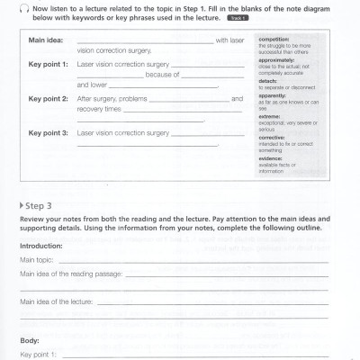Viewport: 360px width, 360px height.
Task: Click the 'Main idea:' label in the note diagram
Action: point(47,40)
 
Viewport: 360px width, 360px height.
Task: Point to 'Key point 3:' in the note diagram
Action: point(49,132)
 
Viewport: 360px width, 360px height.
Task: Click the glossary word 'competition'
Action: point(274,40)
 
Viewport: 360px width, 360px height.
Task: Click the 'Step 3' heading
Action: point(45,206)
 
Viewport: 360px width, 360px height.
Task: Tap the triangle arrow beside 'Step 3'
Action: point(22,206)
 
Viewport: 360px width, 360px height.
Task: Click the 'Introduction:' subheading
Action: point(41,245)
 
